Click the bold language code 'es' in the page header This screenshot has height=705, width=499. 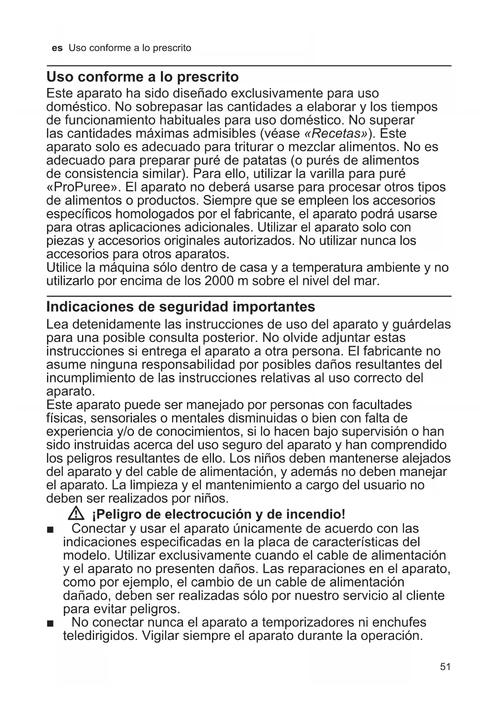click(57, 48)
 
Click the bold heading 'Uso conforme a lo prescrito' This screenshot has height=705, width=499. click(142, 76)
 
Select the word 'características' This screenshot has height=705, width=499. click(354, 542)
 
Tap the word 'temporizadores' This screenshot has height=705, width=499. click(308, 622)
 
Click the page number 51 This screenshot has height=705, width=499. click(445, 667)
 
